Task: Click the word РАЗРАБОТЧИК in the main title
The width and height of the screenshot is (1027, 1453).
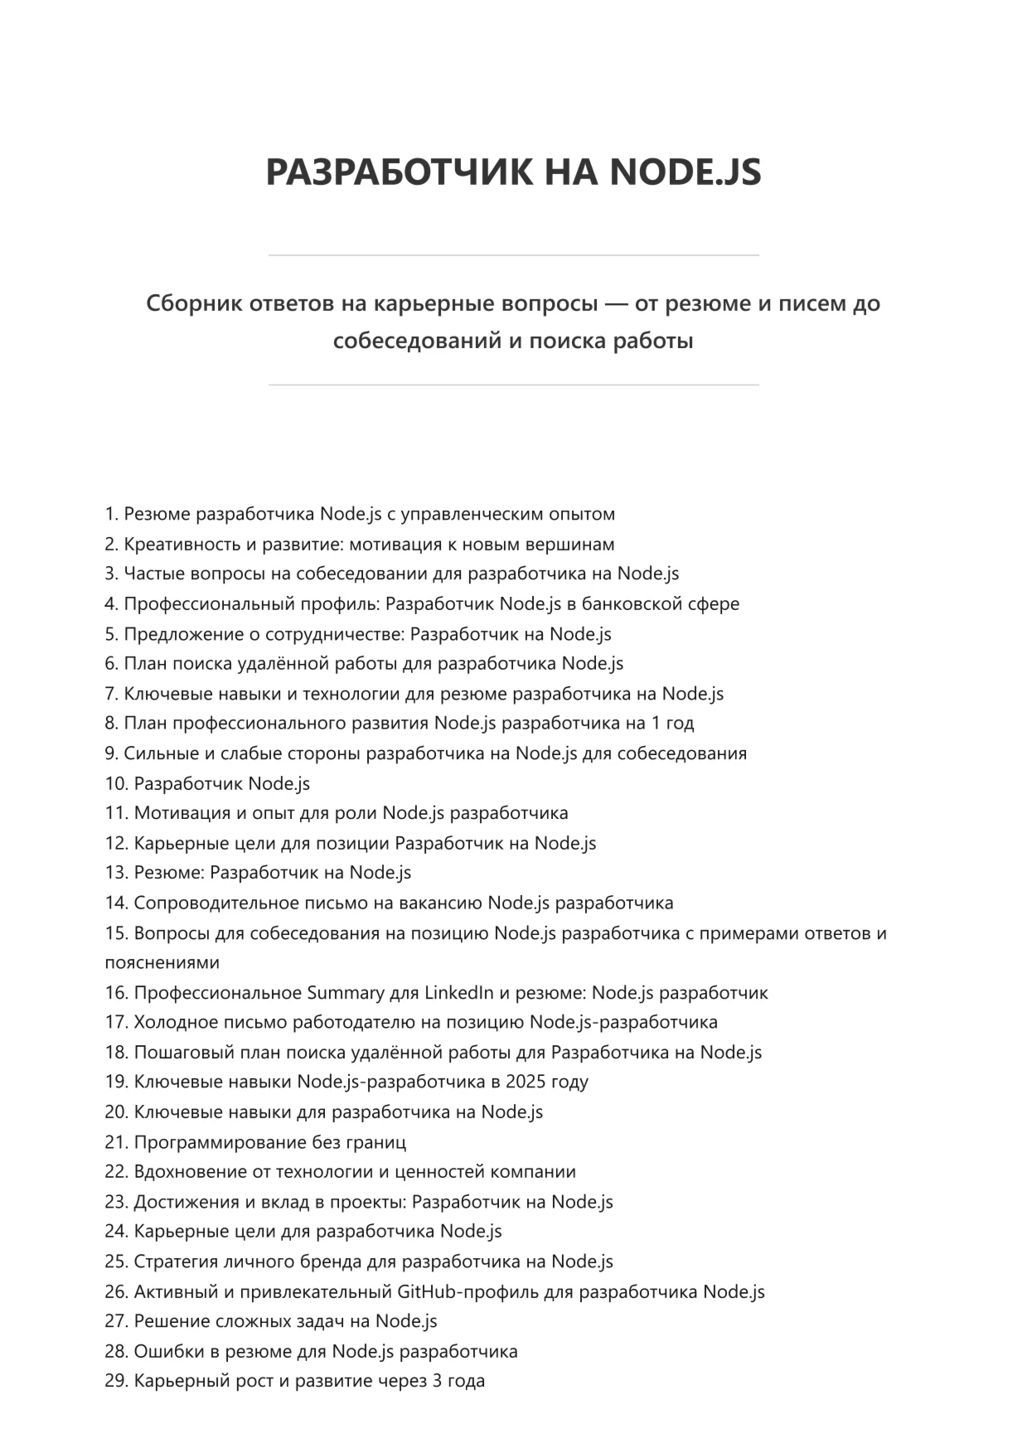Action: (399, 172)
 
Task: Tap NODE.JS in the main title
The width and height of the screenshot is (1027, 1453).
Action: (685, 172)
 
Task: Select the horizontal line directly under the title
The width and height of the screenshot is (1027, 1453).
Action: (513, 255)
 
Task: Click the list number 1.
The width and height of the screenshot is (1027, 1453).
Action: (111, 514)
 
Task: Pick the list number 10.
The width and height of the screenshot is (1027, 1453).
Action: (116, 783)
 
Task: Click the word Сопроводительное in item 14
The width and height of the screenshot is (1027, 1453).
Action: (214, 903)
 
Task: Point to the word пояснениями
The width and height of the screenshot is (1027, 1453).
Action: (162, 962)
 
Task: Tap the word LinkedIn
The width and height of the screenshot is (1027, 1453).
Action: (459, 992)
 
